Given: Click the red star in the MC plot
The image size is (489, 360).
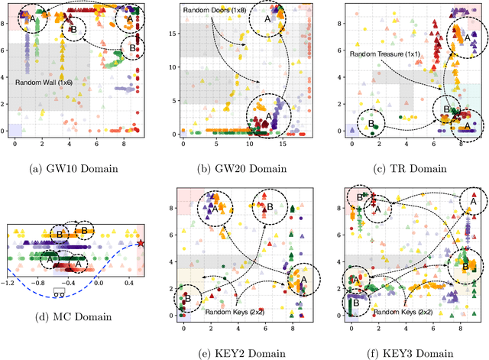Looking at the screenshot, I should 142,243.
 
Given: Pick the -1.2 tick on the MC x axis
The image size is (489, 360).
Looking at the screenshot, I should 8,282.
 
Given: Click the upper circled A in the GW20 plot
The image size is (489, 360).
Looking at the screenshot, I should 267,19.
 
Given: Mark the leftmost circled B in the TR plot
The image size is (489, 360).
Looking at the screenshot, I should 372,122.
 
